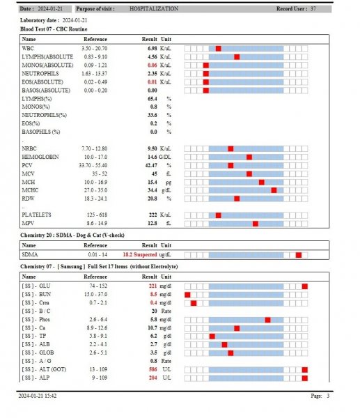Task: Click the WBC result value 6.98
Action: pyautogui.click(x=152, y=49)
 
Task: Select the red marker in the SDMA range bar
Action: pyautogui.click(x=299, y=255)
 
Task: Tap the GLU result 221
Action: pyautogui.click(x=152, y=286)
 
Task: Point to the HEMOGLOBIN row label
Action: pyautogui.click(x=40, y=157)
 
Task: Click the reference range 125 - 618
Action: pyautogui.click(x=97, y=215)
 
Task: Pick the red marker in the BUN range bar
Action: pyautogui.click(x=187, y=295)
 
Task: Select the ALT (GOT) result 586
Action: pyautogui.click(x=152, y=369)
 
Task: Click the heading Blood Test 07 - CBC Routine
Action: pyautogui.click(x=54, y=29)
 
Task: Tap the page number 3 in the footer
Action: pyautogui.click(x=328, y=396)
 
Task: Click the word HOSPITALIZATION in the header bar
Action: pyautogui.click(x=154, y=9)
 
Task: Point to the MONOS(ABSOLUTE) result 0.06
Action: pyautogui.click(x=152, y=65)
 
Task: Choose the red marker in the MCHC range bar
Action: pyautogui.click(x=274, y=190)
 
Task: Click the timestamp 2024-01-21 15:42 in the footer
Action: pyautogui.click(x=38, y=396)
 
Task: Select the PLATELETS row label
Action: pyautogui.click(x=36, y=215)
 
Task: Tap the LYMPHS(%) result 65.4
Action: pyautogui.click(x=152, y=99)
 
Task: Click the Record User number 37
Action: pyautogui.click(x=313, y=9)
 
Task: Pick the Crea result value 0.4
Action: pyautogui.click(x=153, y=303)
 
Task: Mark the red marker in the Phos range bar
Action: pyautogui.click(x=267, y=320)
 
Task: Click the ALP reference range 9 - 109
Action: pyautogui.click(x=100, y=378)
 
